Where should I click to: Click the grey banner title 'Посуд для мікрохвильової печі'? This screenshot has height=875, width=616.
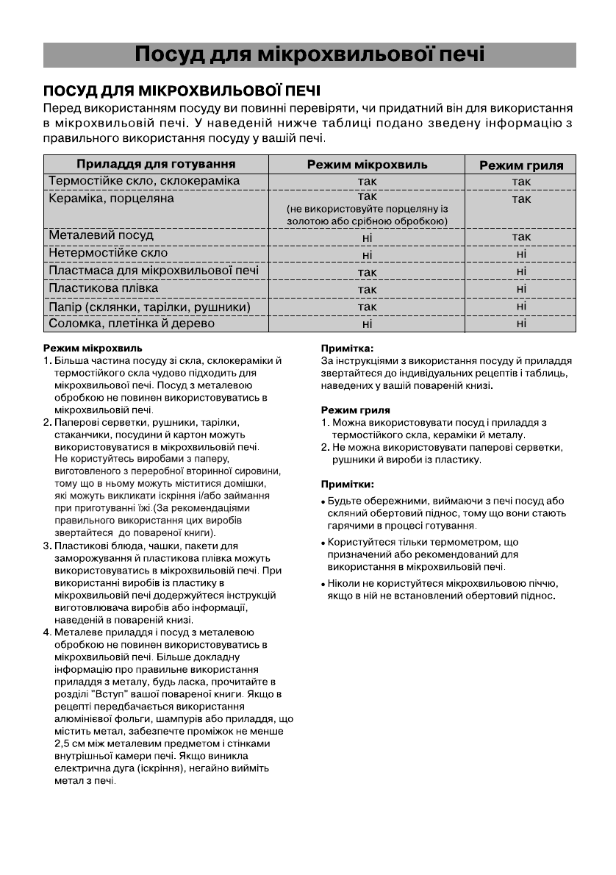point(309,55)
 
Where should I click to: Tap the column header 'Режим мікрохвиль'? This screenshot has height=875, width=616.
point(367,165)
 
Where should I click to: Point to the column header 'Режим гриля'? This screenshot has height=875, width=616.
point(521,165)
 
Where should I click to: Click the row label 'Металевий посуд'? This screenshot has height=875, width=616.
point(101,236)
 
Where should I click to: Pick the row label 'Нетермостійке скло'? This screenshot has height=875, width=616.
point(108,253)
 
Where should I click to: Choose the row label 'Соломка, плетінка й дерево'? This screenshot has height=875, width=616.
point(132,324)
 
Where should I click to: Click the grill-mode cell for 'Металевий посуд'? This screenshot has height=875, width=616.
point(521,237)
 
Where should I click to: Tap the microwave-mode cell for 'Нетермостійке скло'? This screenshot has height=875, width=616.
point(367,254)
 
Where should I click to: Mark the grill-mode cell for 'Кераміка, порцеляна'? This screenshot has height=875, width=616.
point(521,199)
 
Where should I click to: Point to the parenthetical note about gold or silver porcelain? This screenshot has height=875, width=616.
point(367,215)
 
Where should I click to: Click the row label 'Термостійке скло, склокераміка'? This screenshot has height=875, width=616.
point(144,181)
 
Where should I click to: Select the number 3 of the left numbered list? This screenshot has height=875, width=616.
point(47,546)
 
